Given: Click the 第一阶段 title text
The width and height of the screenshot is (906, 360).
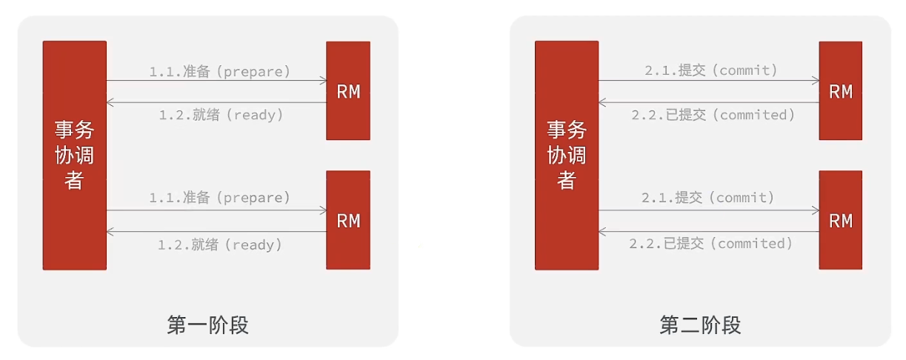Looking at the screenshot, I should [207, 324].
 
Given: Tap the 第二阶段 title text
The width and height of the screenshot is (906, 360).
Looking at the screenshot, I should [700, 324].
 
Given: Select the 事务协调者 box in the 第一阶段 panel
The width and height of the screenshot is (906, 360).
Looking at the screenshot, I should [74, 155].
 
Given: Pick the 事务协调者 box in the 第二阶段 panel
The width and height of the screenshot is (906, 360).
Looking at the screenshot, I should [567, 155].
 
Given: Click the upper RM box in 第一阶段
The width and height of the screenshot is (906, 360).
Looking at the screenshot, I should [348, 91].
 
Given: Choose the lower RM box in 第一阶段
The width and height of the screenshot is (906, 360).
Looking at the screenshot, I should [348, 220].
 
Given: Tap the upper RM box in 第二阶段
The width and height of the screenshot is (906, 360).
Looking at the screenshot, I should [841, 91].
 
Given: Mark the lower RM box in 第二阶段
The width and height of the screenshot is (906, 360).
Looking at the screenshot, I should [841, 220].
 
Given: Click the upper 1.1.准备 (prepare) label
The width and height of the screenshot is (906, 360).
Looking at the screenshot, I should [220, 71].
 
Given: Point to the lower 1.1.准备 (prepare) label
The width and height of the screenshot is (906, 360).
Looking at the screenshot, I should [220, 198].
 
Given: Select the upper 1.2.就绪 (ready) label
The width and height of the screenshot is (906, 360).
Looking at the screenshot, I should [221, 115].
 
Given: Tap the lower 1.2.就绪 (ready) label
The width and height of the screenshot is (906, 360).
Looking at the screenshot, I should [220, 244].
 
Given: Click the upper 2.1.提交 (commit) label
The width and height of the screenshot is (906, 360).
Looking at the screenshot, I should [711, 70].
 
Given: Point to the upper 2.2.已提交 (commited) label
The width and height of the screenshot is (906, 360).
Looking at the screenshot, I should [713, 115].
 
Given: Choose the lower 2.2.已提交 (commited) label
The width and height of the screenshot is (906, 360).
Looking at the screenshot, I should [711, 244].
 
